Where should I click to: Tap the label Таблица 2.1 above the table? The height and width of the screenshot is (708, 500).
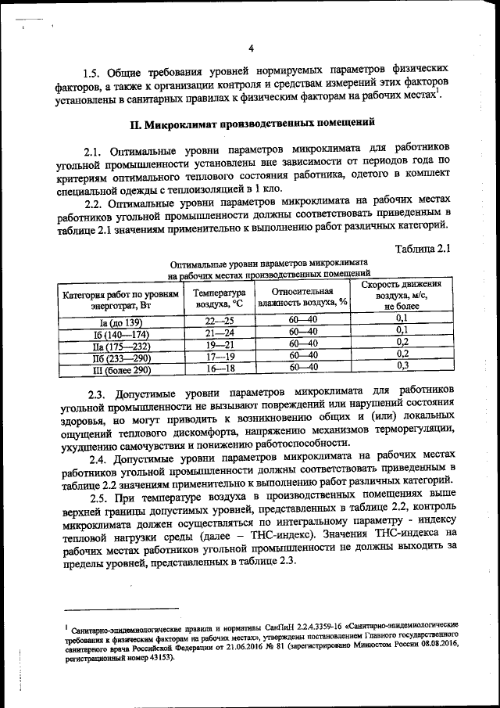click(x=424, y=249)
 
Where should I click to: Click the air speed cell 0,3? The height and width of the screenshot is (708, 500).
click(x=402, y=365)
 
